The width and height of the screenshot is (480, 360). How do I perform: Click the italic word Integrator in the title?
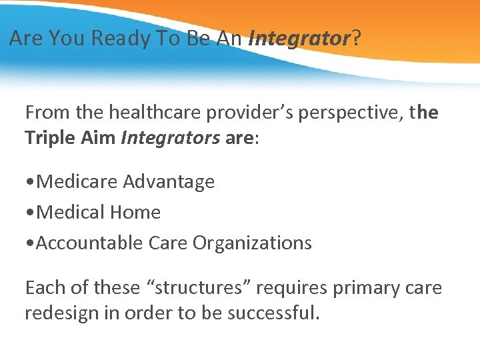299,39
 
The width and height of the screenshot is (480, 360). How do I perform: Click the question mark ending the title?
356,39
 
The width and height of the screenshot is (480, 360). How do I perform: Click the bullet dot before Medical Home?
30,213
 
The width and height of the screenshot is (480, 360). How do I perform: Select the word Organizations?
252,243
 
